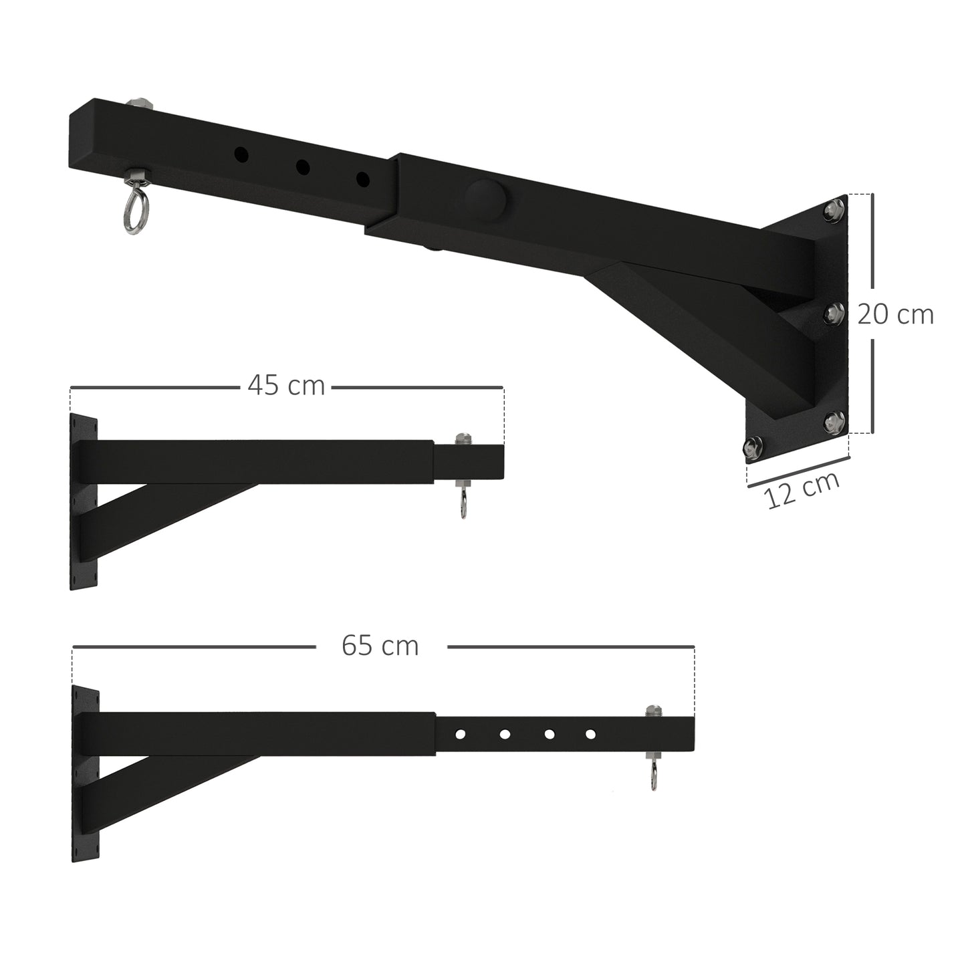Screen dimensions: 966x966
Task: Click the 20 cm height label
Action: click(894, 314)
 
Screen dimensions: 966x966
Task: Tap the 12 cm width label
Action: click(802, 490)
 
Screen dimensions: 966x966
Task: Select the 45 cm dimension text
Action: click(285, 386)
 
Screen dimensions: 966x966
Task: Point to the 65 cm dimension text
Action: click(380, 646)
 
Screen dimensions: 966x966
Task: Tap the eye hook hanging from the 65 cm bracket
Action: click(653, 777)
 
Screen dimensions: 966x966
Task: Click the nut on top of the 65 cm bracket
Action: click(652, 711)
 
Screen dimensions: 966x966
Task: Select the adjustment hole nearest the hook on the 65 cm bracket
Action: click(590, 734)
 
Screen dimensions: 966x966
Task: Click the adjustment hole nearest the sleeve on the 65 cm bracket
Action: click(460, 734)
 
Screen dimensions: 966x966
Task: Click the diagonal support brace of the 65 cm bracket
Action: click(167, 785)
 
